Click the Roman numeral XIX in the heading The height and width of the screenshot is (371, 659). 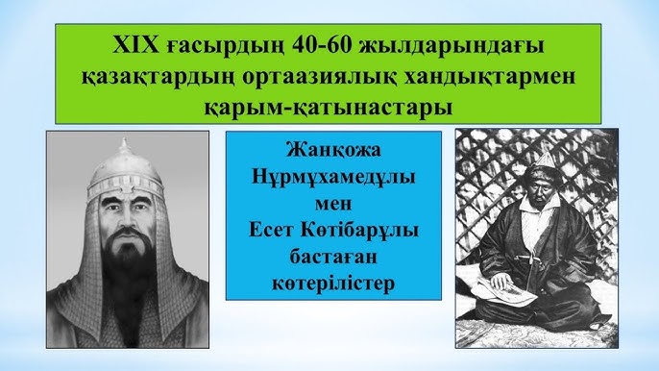[x=134, y=44]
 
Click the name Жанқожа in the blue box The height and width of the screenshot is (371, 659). [x=333, y=152]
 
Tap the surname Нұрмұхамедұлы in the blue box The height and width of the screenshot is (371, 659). [x=333, y=178]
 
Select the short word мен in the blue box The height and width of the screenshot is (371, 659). [x=333, y=204]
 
